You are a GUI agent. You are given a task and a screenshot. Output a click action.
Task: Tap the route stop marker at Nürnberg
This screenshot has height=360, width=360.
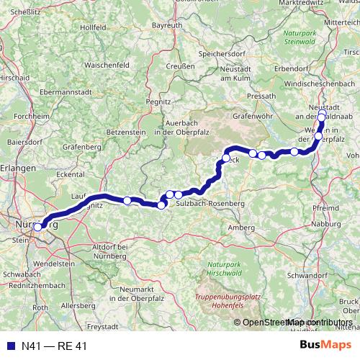pos(37,228)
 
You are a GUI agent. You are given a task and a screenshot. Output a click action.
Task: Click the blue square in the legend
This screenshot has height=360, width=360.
pos(7,346)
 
